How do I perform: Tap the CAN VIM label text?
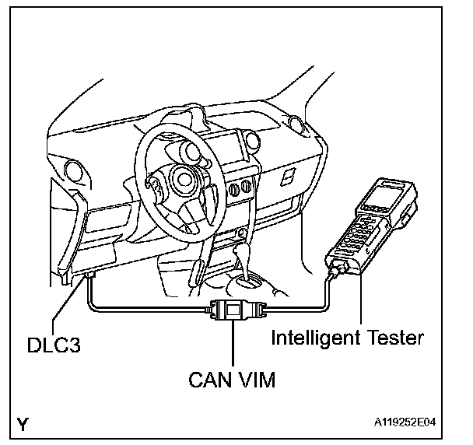coord(233,381)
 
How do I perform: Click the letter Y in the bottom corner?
coord(26,424)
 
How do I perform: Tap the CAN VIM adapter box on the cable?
coord(233,310)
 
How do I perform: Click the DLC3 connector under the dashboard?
coord(90,276)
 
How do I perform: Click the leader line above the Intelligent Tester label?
coord(361,303)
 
